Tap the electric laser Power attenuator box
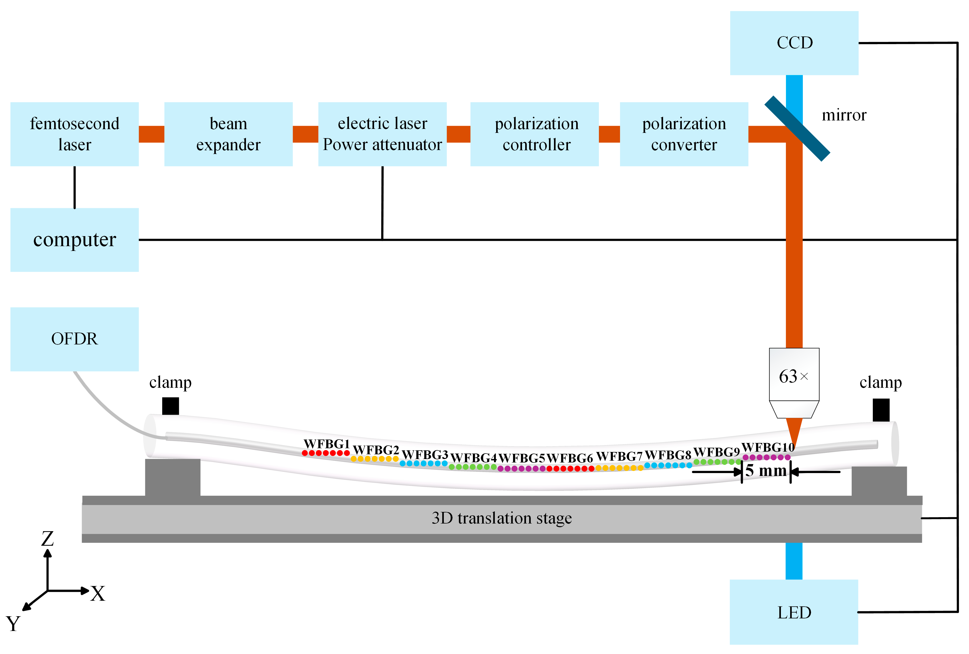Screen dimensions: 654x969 (382, 134)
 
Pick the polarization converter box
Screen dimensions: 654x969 (683, 134)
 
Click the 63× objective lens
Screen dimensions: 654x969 (794, 377)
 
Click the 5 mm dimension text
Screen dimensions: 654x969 (766, 471)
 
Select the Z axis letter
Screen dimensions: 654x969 (48, 539)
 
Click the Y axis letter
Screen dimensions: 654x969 (13, 624)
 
